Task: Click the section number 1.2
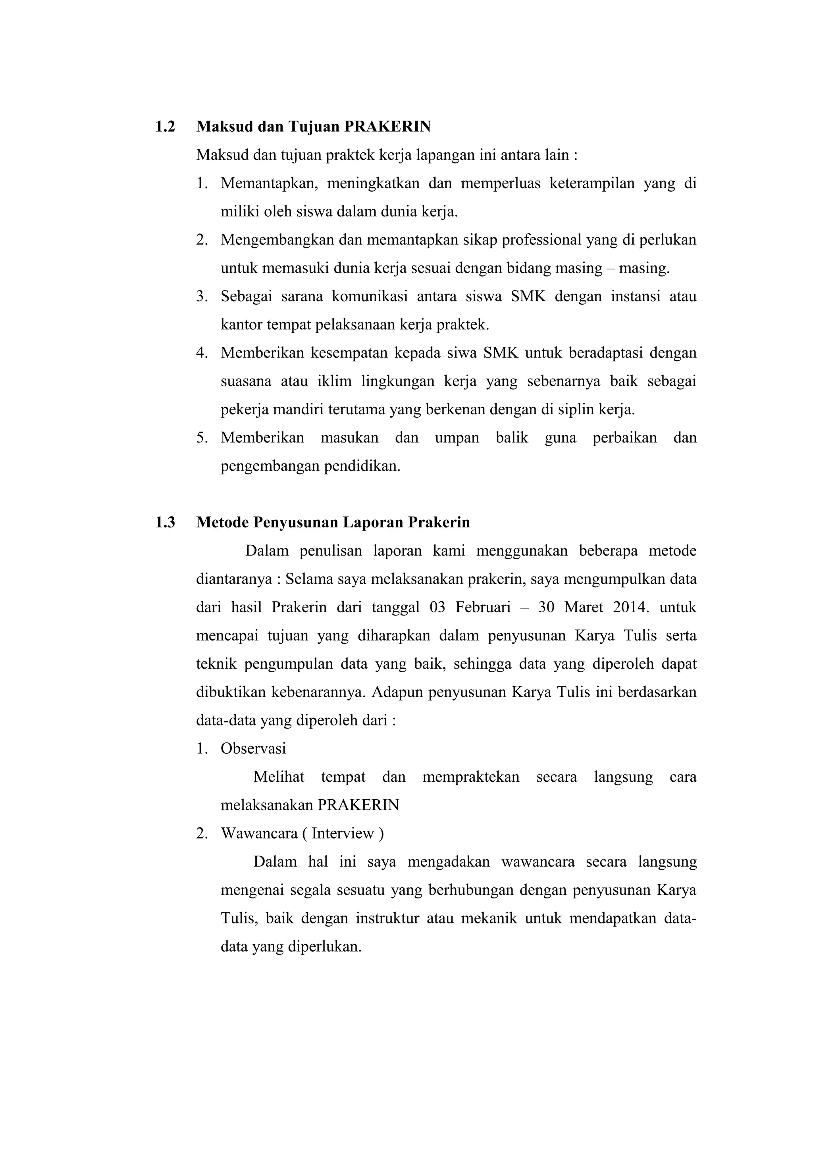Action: coord(165,127)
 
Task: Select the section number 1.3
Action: coord(165,522)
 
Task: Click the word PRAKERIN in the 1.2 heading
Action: coord(387,127)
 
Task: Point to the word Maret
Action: coord(583,608)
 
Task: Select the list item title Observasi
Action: coord(253,749)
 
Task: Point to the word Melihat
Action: coord(279,777)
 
